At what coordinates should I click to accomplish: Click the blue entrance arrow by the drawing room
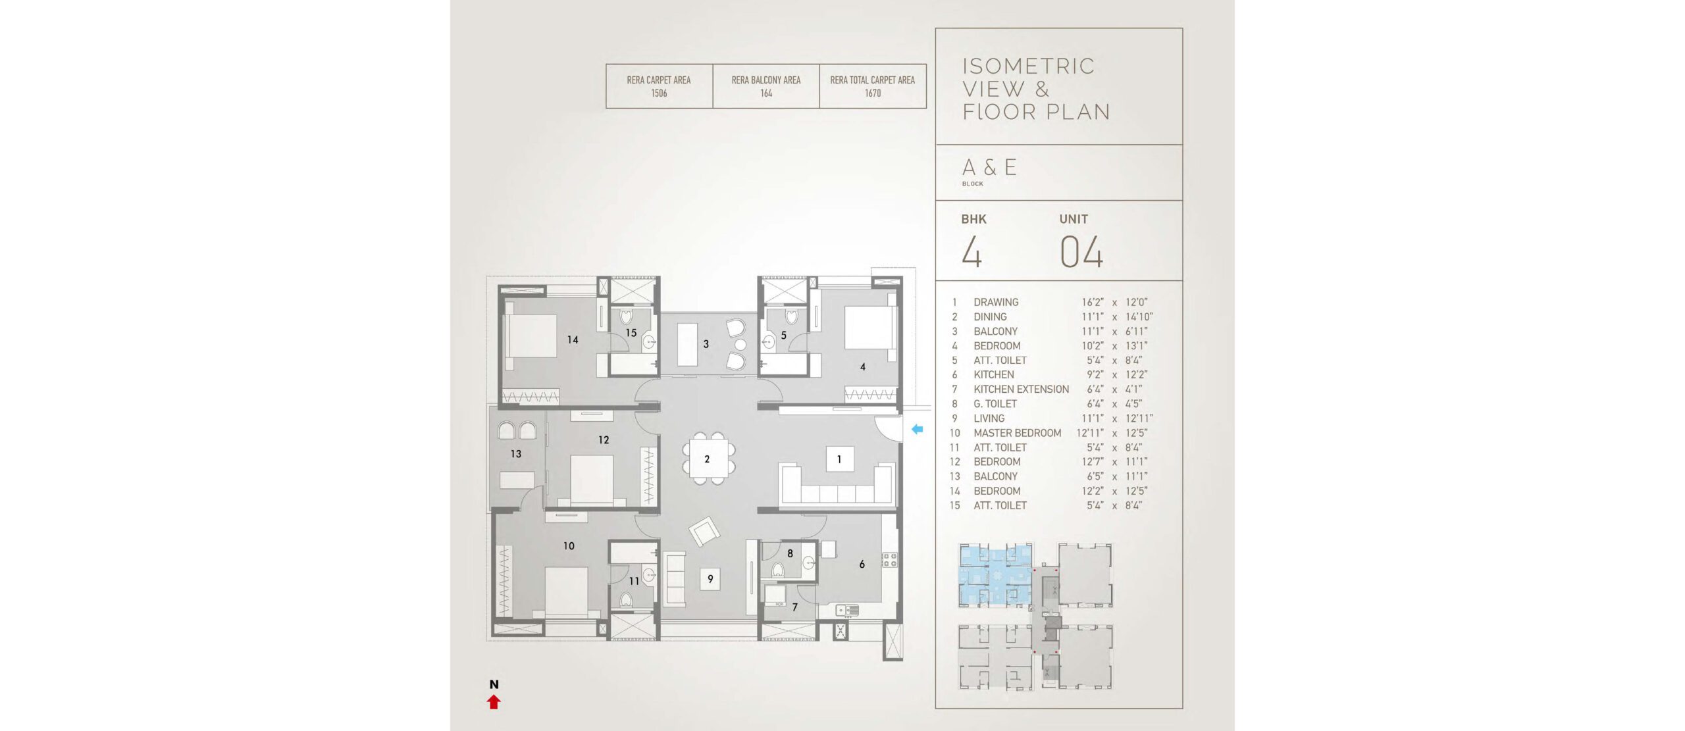point(917,430)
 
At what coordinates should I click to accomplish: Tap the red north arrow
point(494,702)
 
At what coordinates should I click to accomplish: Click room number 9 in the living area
point(710,579)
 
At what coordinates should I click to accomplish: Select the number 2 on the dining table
point(707,459)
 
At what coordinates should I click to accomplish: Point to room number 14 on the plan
point(573,340)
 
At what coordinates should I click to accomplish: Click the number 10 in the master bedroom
point(569,545)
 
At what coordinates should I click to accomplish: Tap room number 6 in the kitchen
point(862,564)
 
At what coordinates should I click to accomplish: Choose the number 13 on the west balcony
point(516,453)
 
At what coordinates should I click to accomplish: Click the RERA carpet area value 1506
point(659,93)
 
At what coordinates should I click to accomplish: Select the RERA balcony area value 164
point(766,93)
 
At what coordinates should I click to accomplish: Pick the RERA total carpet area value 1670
point(873,93)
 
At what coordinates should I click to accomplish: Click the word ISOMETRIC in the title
point(1028,66)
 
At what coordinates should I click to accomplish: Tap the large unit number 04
point(1081,252)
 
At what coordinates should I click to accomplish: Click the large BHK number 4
point(972,252)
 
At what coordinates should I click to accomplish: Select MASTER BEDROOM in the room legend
point(1017,433)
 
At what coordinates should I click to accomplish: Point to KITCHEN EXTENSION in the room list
point(1022,390)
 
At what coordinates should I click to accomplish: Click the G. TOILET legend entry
point(995,404)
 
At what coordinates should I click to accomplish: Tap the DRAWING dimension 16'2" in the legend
point(1093,303)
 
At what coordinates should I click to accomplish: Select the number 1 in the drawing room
point(839,459)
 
